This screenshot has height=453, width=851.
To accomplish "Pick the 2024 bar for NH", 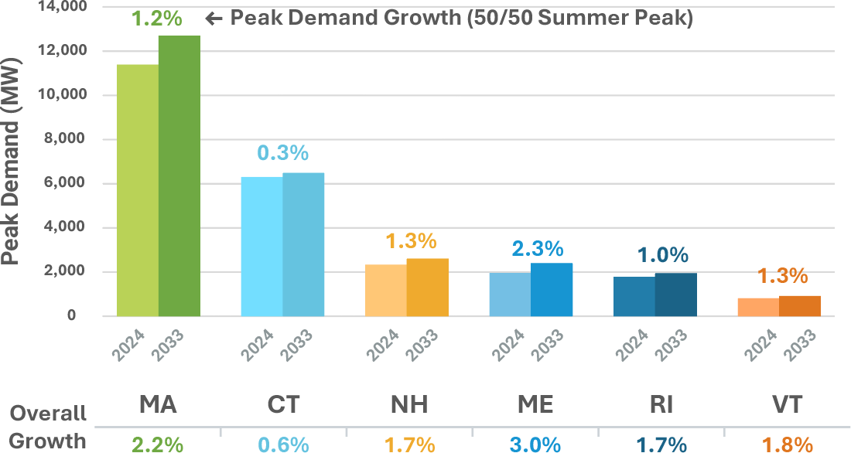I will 386,291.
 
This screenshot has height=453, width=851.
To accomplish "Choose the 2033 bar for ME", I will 552,290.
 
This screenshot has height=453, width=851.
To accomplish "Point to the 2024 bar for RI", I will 634,297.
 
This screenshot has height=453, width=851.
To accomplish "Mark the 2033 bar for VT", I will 800,306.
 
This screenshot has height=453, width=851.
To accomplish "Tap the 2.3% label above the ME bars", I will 538,249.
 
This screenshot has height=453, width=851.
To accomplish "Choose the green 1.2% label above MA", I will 157,18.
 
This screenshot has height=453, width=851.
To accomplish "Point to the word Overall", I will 48,414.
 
